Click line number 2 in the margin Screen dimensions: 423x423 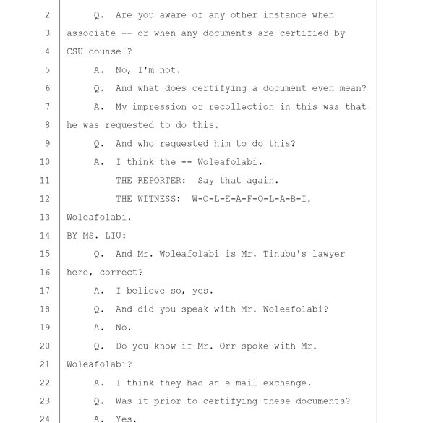click(x=47, y=15)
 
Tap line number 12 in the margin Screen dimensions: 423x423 click(x=45, y=199)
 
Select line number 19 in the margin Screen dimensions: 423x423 click(x=45, y=328)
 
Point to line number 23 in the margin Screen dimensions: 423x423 click(x=45, y=401)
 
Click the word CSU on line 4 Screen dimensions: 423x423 click(x=74, y=51)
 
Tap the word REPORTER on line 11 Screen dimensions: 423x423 click(x=162, y=180)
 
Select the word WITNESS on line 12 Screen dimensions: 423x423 click(x=159, y=199)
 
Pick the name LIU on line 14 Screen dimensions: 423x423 click(x=116, y=236)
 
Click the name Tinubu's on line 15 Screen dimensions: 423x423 click(x=285, y=254)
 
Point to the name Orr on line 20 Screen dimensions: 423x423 click(x=227, y=346)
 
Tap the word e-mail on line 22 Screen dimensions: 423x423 click(x=241, y=383)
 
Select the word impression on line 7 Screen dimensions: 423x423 click(x=159, y=107)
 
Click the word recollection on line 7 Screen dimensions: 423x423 click(x=242, y=107)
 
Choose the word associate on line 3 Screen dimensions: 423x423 click(x=91, y=33)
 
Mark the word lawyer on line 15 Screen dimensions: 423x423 click(x=328, y=255)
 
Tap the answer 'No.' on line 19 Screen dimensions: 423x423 click(x=124, y=328)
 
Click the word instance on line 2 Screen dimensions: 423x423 click(x=285, y=15)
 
